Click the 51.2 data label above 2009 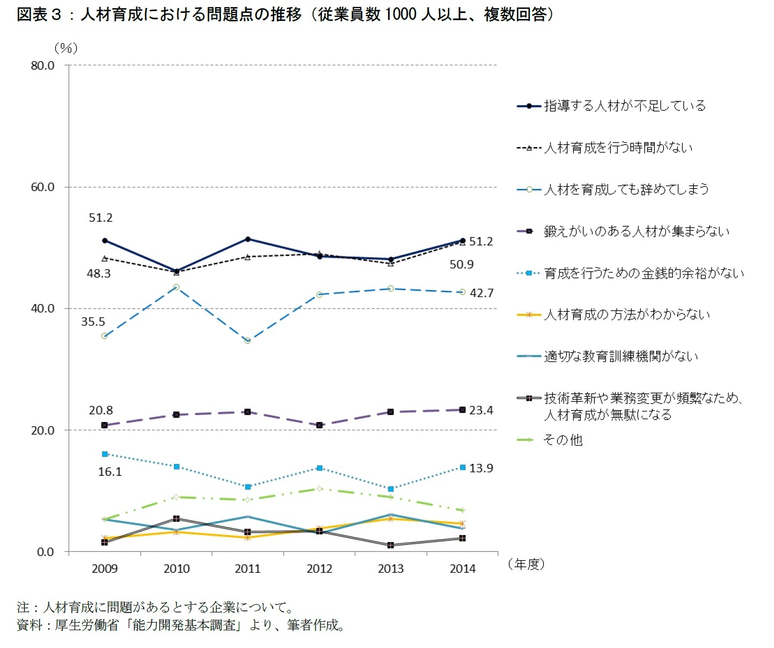[101, 218]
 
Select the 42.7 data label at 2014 [481, 293]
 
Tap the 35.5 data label [93, 322]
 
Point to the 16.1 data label [110, 472]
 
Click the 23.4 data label [481, 411]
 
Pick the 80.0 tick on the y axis [43, 66]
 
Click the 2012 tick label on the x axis [319, 569]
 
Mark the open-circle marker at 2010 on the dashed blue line [176, 287]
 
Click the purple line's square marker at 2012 [319, 425]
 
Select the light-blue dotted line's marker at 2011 [248, 487]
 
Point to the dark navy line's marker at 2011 [248, 239]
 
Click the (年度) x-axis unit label [526, 564]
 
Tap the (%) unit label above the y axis [66, 48]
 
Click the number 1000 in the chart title [401, 15]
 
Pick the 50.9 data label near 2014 [461, 265]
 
